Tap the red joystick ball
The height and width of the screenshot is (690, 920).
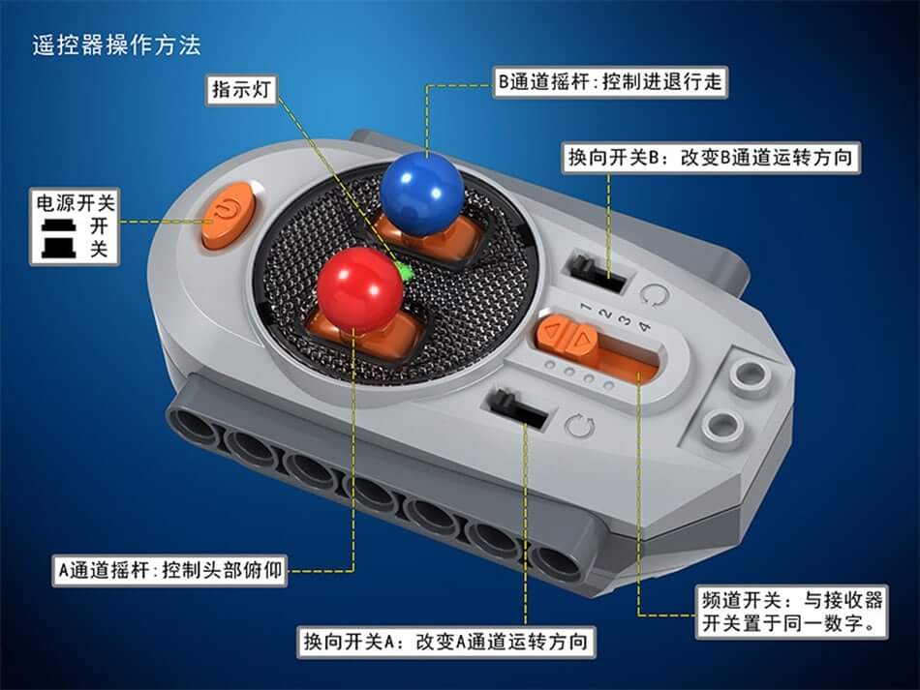pos(360,283)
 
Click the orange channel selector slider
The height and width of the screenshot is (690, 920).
pos(571,339)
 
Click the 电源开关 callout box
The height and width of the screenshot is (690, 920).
pos(76,226)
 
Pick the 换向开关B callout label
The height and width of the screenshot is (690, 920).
pos(710,158)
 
